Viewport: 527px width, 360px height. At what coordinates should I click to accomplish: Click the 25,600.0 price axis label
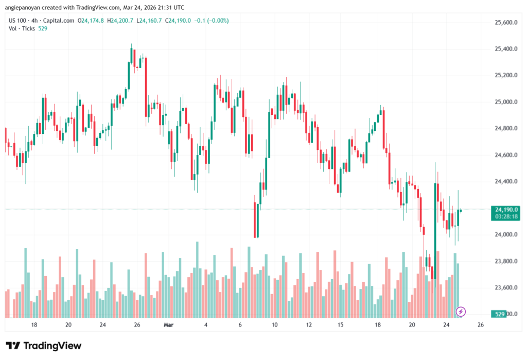point(505,23)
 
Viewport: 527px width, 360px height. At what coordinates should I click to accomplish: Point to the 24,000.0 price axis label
point(505,235)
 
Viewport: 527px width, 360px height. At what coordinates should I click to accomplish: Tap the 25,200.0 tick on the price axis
point(505,76)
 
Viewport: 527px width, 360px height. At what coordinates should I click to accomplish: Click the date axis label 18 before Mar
point(34,325)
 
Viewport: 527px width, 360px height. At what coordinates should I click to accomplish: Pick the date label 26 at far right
point(481,325)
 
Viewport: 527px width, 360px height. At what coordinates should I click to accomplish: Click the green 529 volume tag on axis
point(498,314)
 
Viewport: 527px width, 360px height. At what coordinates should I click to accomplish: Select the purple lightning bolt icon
point(461,312)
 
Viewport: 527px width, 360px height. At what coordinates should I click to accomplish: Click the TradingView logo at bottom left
point(43,346)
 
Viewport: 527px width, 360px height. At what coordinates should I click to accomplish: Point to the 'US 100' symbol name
point(17,21)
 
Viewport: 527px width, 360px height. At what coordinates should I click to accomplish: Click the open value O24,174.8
point(91,21)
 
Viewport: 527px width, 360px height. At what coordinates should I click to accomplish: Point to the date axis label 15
point(340,325)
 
